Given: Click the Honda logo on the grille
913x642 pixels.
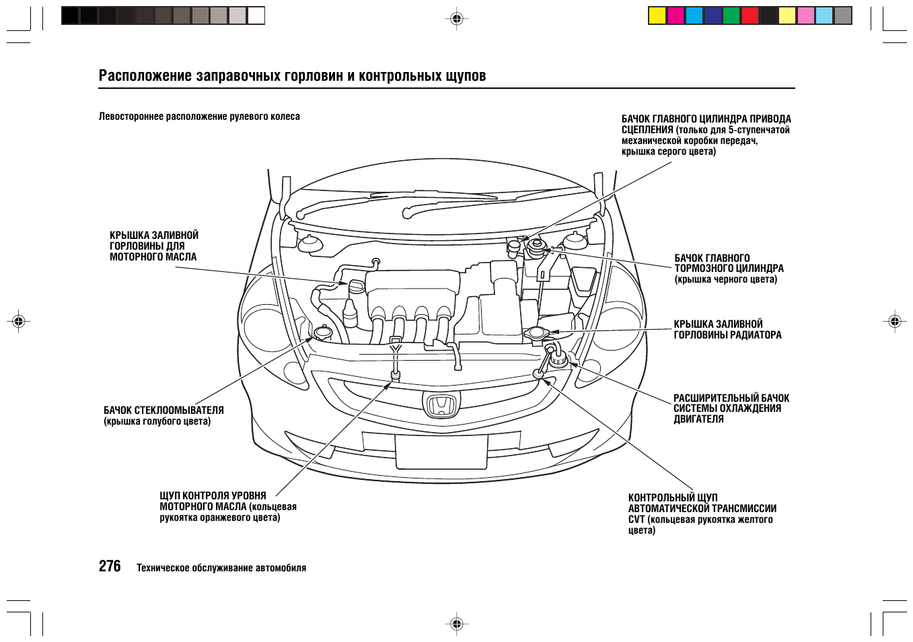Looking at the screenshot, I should (441, 405).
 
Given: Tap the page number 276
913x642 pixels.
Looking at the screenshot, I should (110, 567).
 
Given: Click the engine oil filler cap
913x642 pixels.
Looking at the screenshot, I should (356, 286).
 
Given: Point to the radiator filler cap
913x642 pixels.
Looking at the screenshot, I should (536, 333).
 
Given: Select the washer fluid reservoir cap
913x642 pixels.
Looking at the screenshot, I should (323, 332).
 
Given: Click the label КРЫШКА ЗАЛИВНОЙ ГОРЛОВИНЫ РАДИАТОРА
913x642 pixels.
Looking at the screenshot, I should (727, 330).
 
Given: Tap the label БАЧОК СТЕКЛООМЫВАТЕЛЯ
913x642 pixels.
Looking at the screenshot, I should (163, 411).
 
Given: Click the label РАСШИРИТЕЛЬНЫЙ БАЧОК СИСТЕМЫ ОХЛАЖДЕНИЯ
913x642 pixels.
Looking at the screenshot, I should (731, 408).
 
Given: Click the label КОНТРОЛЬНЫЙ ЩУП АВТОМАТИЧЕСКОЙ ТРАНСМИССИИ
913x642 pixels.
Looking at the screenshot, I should (702, 503).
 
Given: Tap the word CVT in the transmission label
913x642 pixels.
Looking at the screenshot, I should (636, 520).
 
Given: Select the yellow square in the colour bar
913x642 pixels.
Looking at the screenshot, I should (657, 15).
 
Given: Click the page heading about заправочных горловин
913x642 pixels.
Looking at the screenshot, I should (292, 75).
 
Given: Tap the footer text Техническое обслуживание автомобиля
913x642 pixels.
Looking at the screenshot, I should (221, 568).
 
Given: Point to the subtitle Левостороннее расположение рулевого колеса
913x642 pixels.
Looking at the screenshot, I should (199, 116).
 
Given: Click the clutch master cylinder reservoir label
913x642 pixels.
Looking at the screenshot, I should (706, 135).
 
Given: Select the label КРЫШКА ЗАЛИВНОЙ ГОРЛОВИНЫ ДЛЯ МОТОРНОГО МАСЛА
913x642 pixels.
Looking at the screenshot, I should (154, 246).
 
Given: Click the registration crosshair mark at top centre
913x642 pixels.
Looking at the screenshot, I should (456, 19).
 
